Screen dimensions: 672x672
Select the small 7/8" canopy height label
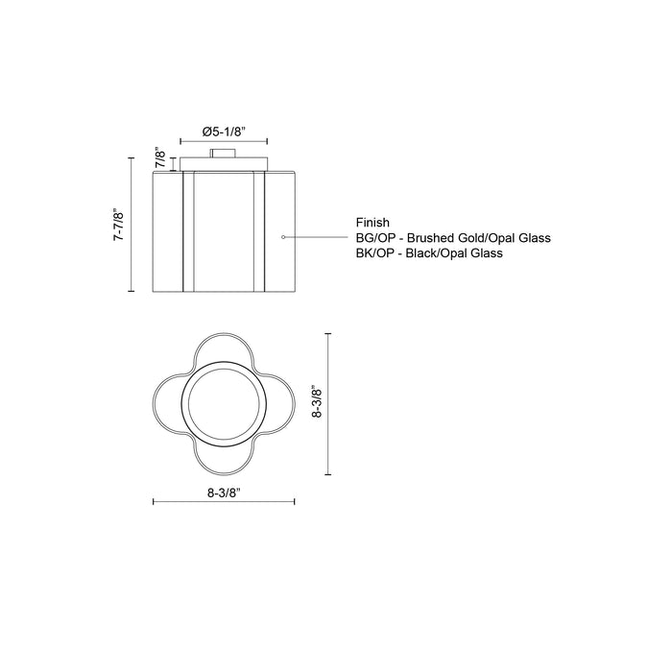[161, 156]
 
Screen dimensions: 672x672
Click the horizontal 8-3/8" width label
[224, 492]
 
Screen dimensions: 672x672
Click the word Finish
[373, 222]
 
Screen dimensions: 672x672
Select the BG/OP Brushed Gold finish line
[452, 237]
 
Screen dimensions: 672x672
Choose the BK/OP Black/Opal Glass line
[429, 253]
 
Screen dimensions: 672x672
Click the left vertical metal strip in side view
[189, 230]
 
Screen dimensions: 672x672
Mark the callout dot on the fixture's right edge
[281, 236]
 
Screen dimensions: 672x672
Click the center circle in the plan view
[224, 404]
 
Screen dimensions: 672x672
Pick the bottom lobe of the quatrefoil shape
[224, 459]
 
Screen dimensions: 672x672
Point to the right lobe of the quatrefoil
[278, 404]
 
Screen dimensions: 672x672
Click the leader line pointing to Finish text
[317, 236]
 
